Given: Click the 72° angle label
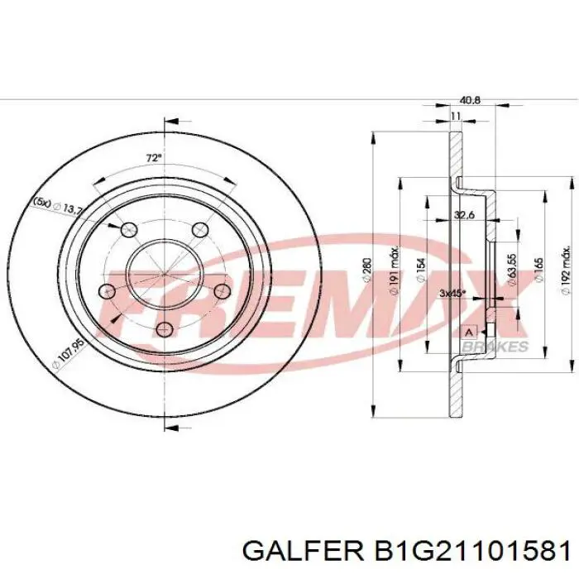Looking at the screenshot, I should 153,156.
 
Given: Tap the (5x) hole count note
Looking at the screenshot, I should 41,201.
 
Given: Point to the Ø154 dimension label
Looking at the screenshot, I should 422,270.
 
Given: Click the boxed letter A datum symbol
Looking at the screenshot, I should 470,332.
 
